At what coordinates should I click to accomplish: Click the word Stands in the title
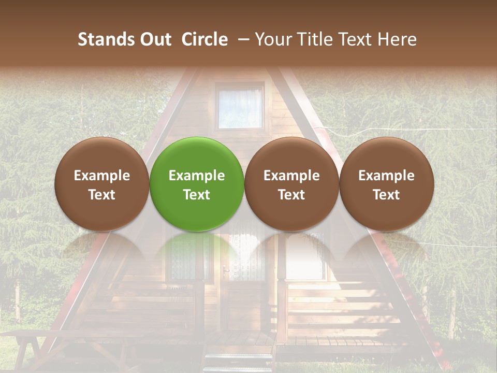pyautogui.click(x=106, y=39)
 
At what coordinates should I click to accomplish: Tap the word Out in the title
pyautogui.click(x=155, y=39)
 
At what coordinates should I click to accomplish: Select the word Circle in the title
pyautogui.click(x=204, y=39)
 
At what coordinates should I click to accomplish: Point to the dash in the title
pyautogui.click(x=242, y=40)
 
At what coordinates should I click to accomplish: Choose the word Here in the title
pyautogui.click(x=397, y=39)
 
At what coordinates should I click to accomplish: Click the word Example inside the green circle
pyautogui.click(x=197, y=176)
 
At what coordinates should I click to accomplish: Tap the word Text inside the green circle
pyautogui.click(x=197, y=195)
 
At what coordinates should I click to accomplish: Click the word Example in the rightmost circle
pyautogui.click(x=387, y=176)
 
